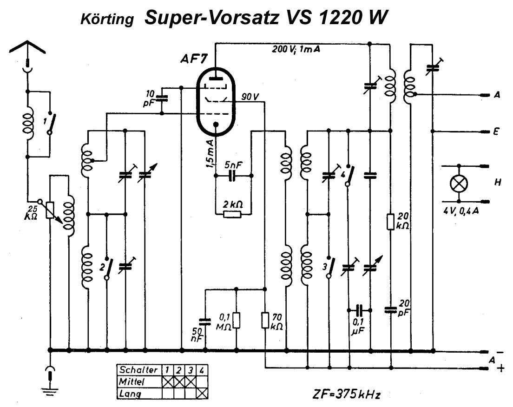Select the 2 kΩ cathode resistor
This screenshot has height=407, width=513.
[x=232, y=214]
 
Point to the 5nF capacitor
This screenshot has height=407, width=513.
[x=232, y=176]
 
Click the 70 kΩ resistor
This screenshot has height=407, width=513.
[x=265, y=321]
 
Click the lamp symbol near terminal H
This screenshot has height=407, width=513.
[x=459, y=184]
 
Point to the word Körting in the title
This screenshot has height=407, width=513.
[x=107, y=20]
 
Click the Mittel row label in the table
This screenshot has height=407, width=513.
[x=132, y=381]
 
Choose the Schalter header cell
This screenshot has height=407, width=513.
[x=138, y=370]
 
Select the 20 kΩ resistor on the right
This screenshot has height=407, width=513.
[x=391, y=222]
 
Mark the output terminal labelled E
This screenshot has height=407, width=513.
[x=497, y=131]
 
